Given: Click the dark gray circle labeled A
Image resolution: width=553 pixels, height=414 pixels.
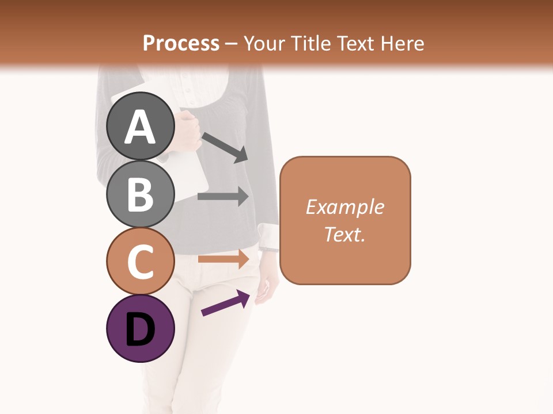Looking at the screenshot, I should coord(141,126).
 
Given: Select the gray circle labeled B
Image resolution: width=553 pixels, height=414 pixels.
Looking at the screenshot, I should coord(141,194).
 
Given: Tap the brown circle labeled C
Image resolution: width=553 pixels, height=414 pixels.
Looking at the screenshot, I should coord(141,261).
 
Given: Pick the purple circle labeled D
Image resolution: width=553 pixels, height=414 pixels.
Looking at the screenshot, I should coord(141,328).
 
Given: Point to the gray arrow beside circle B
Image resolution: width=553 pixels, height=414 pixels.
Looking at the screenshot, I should coord(223,196).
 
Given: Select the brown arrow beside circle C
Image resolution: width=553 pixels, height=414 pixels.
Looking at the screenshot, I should coord(223,259).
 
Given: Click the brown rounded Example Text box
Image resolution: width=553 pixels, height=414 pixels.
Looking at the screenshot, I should coord(345,220).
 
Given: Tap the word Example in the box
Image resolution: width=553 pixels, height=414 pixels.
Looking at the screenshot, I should coord(345,207).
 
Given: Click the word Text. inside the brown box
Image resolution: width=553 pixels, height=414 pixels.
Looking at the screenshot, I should coord(345,234).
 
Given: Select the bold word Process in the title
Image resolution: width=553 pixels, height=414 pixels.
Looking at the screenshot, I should coord(181,43).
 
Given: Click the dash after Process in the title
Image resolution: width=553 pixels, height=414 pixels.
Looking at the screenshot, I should coord(231,44).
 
